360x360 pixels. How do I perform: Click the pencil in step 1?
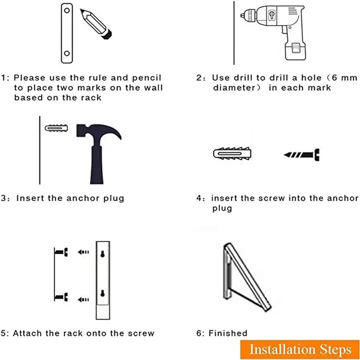click(x=97, y=24)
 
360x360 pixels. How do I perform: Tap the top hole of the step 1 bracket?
click(x=67, y=10)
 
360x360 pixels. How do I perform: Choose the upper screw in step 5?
click(x=62, y=252)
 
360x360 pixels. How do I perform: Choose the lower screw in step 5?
click(x=62, y=298)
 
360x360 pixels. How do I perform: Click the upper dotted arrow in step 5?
click(x=83, y=252)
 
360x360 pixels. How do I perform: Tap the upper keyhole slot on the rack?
click(x=103, y=254)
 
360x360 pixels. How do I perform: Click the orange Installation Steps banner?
click(x=300, y=349)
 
